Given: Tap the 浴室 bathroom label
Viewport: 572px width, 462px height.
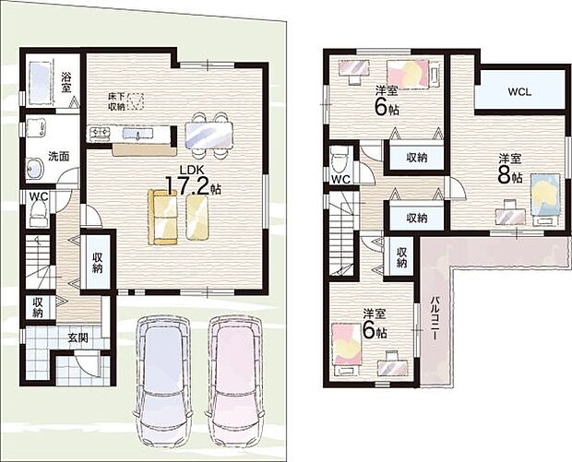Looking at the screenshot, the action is (x=66, y=82).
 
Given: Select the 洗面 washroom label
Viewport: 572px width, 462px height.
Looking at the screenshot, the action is (x=59, y=156).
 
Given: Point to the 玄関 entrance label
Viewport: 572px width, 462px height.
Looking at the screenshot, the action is (x=77, y=338).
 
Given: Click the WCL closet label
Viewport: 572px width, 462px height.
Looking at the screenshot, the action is (x=519, y=92).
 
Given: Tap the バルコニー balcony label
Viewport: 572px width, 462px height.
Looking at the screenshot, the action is (x=435, y=318).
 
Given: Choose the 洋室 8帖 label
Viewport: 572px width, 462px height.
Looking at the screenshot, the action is (x=510, y=168).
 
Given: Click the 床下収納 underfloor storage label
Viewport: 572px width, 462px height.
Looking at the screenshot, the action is (x=116, y=101).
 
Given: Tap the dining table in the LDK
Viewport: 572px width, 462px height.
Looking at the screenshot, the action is (x=209, y=135).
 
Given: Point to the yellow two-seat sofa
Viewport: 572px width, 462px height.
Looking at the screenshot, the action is (x=162, y=217).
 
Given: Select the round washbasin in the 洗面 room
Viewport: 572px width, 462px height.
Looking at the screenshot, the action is (x=35, y=169).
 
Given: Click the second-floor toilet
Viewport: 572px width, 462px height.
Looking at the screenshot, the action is (x=340, y=160).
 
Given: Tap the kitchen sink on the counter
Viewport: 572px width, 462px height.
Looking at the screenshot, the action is (x=137, y=134).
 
